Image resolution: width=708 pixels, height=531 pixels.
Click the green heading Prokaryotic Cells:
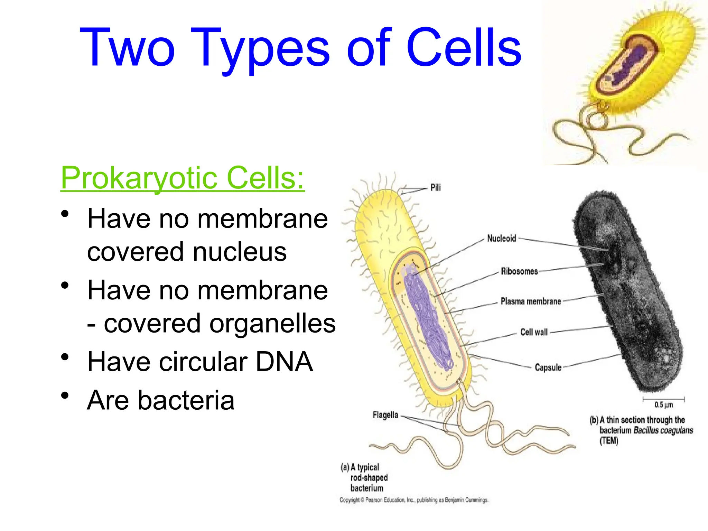coord(183,178)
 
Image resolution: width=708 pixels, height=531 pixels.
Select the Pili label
coord(435,187)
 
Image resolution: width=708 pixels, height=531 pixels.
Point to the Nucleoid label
coord(501,238)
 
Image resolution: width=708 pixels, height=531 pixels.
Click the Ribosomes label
coord(519,271)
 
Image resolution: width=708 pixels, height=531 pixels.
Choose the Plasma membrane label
coord(531,301)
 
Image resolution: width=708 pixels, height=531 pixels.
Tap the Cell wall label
coord(534,332)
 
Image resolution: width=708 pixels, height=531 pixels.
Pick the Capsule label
coord(548,367)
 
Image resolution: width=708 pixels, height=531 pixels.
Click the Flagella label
coord(385,415)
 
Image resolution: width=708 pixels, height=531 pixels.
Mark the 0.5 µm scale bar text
coord(663,405)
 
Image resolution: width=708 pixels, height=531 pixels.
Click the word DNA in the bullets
coord(284,362)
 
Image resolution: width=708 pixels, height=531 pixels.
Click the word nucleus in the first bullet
coord(240,252)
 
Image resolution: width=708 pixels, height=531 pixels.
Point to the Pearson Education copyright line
coord(413,500)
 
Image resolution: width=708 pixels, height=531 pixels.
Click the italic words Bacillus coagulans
coord(663,430)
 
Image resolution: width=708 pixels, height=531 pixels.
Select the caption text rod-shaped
coord(369,478)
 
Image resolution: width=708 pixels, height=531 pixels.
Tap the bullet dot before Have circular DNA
coord(65,357)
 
